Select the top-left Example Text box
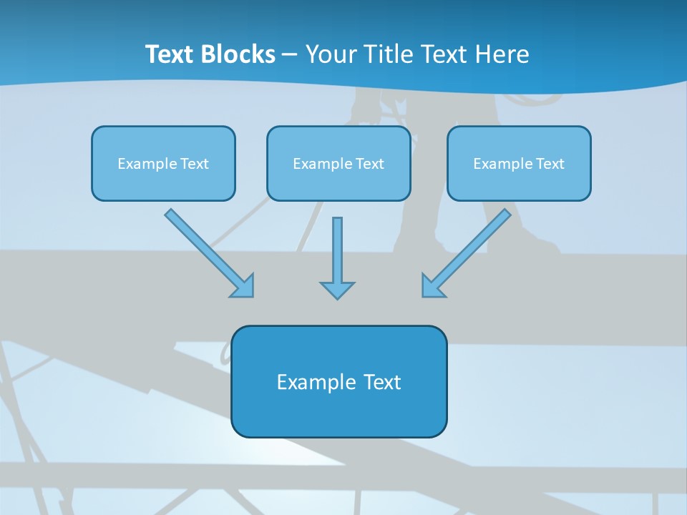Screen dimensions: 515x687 (x=163, y=163)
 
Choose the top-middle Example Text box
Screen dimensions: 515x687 (x=338, y=163)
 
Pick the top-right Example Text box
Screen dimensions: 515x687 (x=519, y=163)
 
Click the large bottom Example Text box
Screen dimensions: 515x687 (x=338, y=381)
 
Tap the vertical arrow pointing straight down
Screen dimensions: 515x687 (x=337, y=254)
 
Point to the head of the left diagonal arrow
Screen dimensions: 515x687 (x=243, y=286)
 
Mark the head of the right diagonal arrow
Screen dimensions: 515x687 (x=432, y=286)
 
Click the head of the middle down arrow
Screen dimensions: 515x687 (x=337, y=290)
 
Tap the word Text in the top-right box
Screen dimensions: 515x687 (x=550, y=164)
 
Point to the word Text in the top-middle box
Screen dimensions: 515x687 (x=370, y=164)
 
